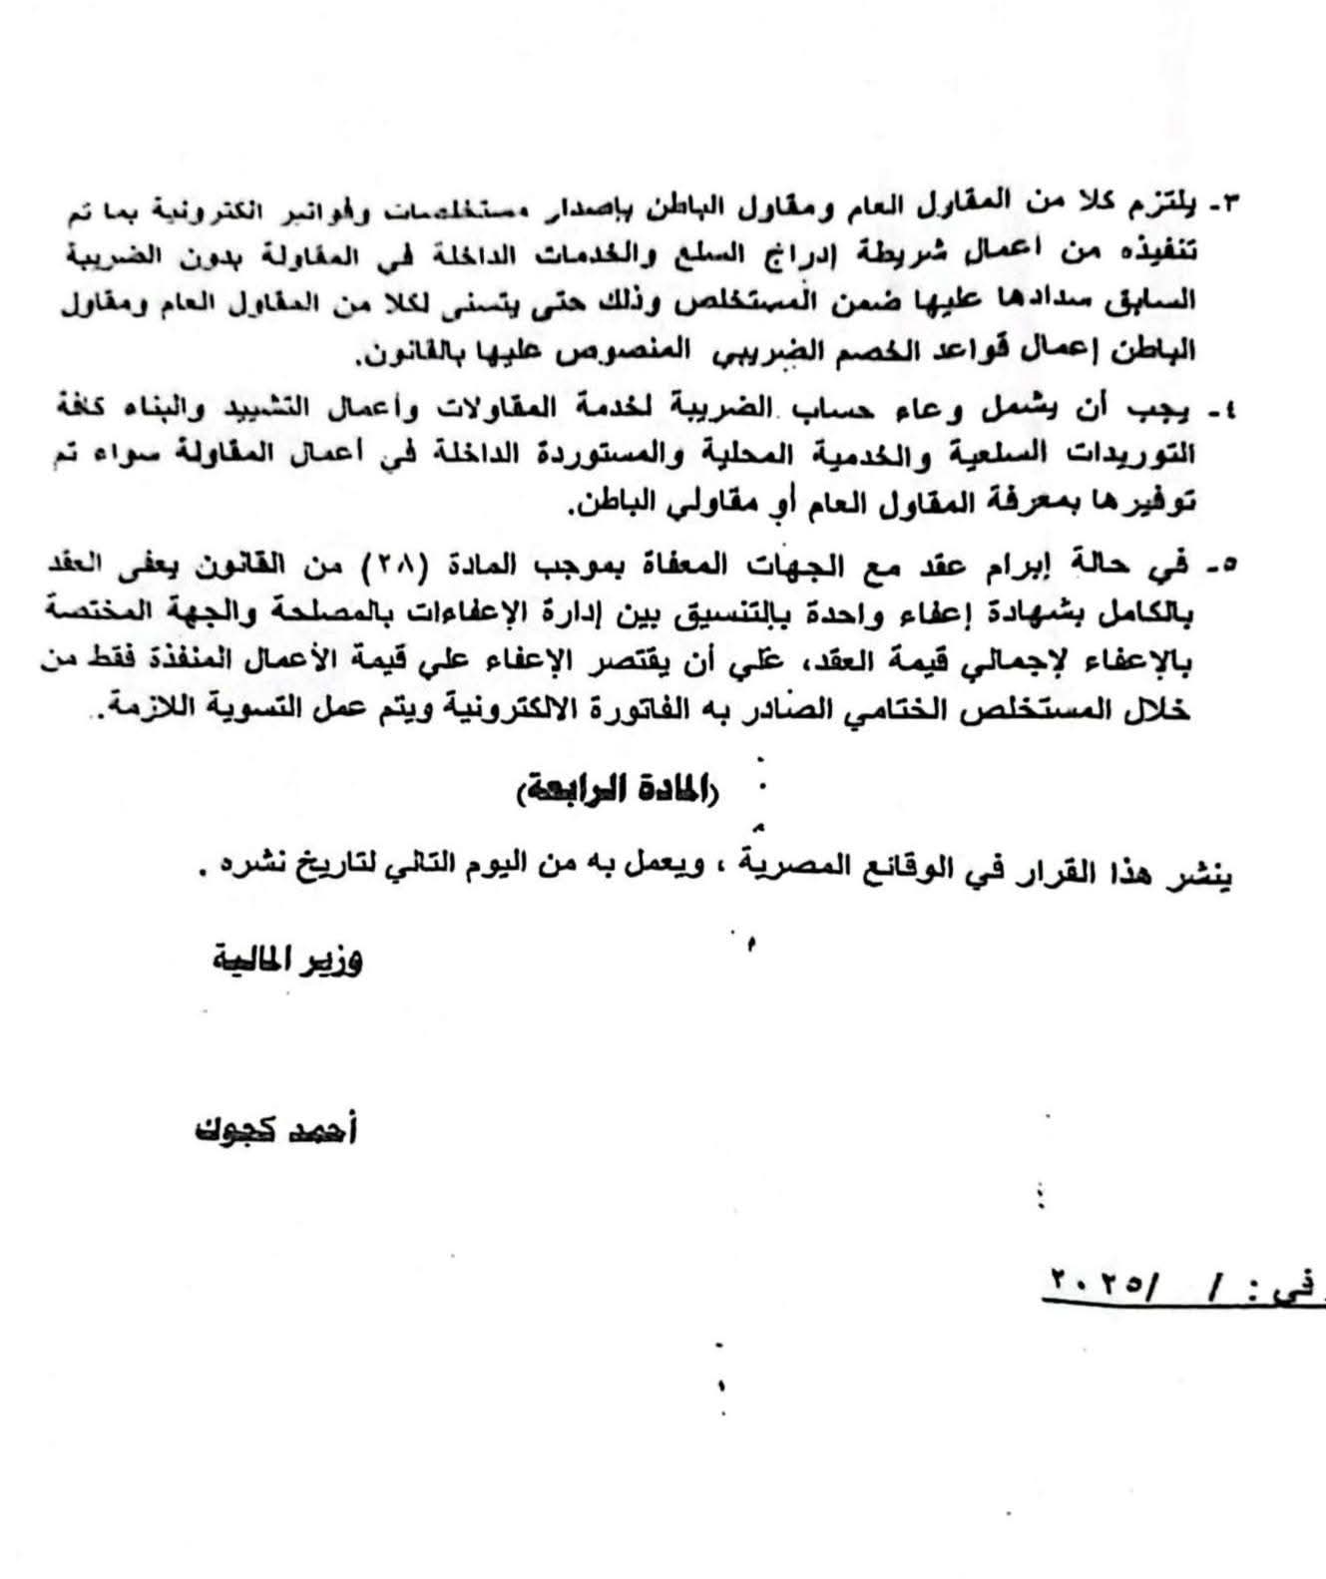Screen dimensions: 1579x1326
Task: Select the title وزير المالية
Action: pos(287,964)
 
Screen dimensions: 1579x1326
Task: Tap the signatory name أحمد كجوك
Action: pos(273,1131)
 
